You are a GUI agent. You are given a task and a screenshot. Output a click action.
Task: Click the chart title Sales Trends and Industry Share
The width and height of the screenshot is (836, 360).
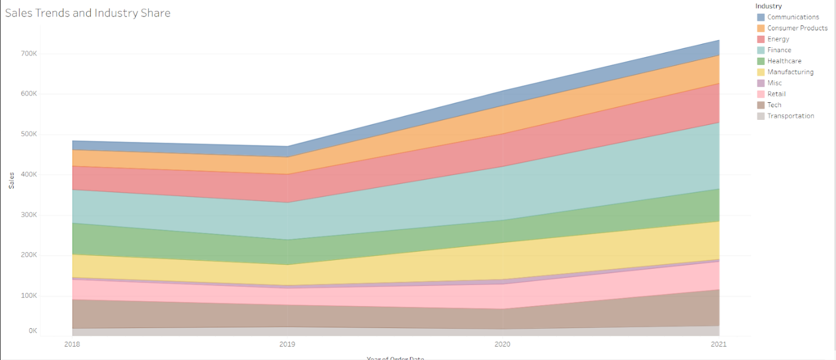(x=88, y=13)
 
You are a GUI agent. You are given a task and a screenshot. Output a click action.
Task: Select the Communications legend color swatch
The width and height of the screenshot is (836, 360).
(x=761, y=17)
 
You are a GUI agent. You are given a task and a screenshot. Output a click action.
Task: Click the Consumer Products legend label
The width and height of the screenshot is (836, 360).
(x=797, y=28)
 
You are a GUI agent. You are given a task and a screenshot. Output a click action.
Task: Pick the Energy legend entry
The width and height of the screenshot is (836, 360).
(x=778, y=39)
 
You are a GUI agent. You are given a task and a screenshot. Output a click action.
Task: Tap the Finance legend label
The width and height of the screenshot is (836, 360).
(x=779, y=50)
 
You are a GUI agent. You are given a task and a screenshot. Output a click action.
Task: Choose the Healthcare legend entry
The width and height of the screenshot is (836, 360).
(x=784, y=61)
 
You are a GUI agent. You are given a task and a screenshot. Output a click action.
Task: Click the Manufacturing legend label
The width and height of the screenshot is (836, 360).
(x=790, y=72)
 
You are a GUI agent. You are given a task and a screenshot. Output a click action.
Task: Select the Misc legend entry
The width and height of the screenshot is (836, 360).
(x=774, y=83)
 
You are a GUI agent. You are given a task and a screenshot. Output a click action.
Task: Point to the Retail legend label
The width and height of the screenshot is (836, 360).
(x=776, y=94)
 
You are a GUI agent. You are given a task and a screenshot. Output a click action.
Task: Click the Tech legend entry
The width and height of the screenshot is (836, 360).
(x=774, y=105)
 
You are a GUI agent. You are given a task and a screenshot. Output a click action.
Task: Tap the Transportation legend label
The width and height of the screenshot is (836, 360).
(x=790, y=116)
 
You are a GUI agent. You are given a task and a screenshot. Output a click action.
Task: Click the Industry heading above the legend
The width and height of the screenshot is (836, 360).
(x=768, y=6)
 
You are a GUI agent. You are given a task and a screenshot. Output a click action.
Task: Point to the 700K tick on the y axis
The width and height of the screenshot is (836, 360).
(x=29, y=54)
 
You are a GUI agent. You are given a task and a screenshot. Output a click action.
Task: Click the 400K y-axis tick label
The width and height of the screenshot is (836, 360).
(x=29, y=175)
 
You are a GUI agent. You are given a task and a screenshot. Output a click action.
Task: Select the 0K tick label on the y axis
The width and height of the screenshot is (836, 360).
(x=32, y=331)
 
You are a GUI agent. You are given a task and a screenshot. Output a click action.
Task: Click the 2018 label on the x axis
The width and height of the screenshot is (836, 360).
(x=72, y=345)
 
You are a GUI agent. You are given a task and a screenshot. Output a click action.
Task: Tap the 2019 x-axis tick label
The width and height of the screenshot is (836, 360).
(x=287, y=345)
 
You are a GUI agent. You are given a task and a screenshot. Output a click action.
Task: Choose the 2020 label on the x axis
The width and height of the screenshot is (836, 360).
(x=503, y=345)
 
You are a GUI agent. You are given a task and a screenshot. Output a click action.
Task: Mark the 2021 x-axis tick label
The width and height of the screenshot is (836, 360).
(x=718, y=345)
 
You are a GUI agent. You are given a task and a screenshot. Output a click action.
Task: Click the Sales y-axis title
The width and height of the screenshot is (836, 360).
(x=12, y=180)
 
